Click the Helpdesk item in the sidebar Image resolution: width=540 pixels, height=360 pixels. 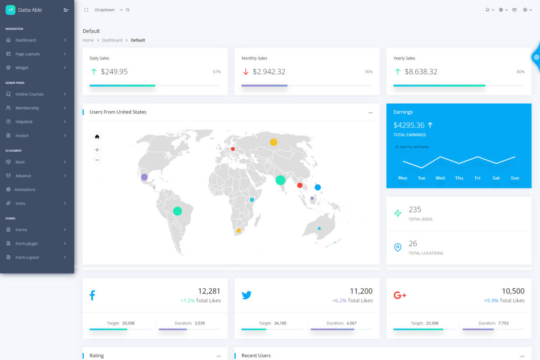click(x=24, y=121)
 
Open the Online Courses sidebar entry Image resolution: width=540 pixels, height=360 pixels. click(x=29, y=94)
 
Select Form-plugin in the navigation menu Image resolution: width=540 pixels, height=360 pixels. click(x=27, y=243)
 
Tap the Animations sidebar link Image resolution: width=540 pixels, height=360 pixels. click(x=25, y=189)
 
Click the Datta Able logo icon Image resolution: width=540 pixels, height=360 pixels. click(x=10, y=10)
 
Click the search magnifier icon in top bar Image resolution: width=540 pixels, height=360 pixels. click(x=128, y=10)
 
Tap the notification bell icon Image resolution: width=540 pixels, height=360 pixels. click(x=487, y=10)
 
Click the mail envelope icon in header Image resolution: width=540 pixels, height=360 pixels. click(x=514, y=10)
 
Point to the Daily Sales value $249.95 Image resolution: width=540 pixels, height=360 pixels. click(x=114, y=72)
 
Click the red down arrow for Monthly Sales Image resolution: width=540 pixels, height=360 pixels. click(x=246, y=72)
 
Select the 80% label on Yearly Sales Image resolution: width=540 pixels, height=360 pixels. click(x=521, y=72)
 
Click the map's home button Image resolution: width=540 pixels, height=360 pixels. click(x=97, y=136)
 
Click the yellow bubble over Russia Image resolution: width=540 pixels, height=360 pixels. click(x=274, y=142)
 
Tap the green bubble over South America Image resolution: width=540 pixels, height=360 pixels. click(x=177, y=211)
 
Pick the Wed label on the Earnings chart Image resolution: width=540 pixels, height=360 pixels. click(x=440, y=178)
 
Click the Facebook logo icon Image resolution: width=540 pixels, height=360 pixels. click(x=92, y=295)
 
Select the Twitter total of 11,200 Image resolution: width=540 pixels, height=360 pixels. click(x=361, y=291)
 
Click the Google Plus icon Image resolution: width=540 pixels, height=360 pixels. click(x=400, y=295)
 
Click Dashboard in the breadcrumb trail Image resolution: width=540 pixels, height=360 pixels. click(x=112, y=40)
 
